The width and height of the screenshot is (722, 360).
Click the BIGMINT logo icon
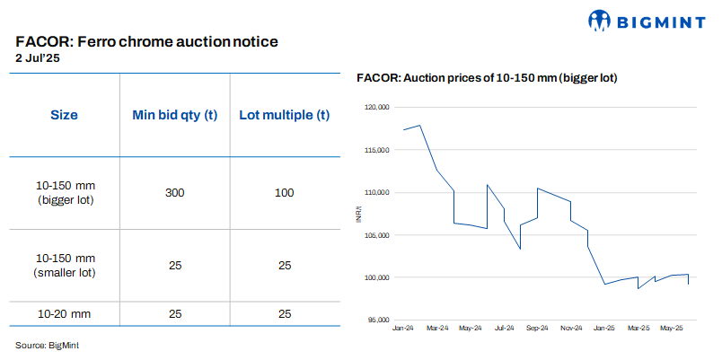[600, 21]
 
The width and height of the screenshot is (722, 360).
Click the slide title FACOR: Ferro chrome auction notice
[147, 41]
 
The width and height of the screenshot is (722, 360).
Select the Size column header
[64, 115]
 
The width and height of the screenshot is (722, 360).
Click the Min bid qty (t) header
[174, 115]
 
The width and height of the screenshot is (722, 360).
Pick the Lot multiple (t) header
[285, 115]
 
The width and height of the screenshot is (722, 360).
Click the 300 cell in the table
[174, 193]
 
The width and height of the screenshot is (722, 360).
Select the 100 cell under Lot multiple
[285, 193]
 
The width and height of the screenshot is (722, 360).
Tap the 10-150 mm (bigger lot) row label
[65, 192]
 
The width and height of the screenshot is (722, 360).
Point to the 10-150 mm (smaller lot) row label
[65, 265]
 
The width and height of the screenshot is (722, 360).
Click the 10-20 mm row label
[65, 313]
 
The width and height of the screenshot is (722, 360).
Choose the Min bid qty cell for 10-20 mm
[174, 313]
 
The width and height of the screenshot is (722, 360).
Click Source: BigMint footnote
[54, 345]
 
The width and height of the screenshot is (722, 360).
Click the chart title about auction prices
[486, 78]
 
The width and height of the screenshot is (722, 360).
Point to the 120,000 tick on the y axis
[374, 107]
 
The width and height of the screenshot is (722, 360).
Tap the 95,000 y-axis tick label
[376, 320]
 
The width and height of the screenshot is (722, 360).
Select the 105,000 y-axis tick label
[374, 235]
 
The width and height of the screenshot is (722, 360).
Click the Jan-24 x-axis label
[403, 329]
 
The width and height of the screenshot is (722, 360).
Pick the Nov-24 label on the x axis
[572, 329]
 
